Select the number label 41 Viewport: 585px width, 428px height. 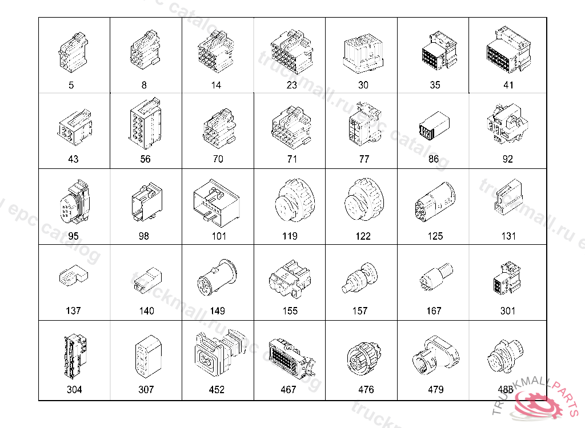click(x=508, y=86)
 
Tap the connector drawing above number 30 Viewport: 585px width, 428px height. click(x=363, y=53)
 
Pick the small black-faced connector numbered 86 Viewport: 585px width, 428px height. click(x=434, y=126)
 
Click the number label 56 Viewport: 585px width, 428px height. click(x=145, y=159)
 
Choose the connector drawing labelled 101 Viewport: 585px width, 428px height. click(x=217, y=203)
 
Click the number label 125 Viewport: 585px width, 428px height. click(x=435, y=236)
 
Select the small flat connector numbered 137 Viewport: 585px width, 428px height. click(x=74, y=276)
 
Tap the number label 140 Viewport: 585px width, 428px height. click(x=146, y=311)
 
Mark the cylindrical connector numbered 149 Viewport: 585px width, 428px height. click(x=217, y=278)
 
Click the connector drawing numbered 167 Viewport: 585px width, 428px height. click(x=436, y=276)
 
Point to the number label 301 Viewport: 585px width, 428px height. click(x=507, y=311)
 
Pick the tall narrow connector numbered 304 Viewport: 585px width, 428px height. click(x=76, y=357)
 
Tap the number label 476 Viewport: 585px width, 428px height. click(x=366, y=390)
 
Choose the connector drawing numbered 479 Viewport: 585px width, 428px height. click(x=435, y=355)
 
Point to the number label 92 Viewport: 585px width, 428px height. click(x=507, y=159)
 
